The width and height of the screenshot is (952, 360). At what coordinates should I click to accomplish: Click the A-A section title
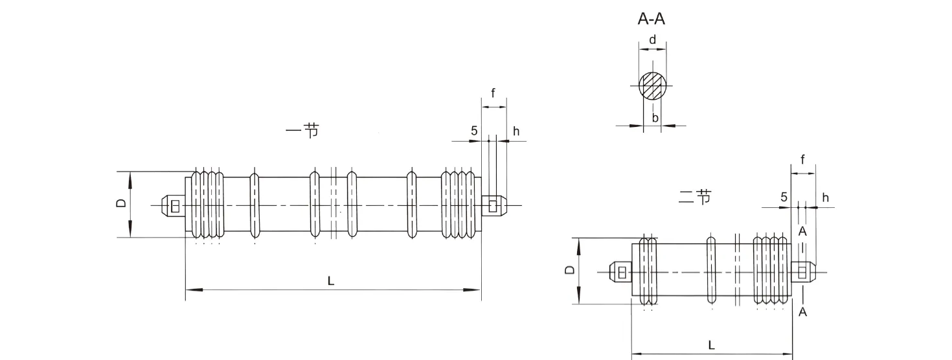[652, 19]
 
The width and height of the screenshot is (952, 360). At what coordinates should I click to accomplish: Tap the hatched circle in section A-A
[652, 86]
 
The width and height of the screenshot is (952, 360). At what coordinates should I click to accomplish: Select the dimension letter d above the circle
[652, 40]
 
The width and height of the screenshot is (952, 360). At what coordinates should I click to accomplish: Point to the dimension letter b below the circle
[655, 117]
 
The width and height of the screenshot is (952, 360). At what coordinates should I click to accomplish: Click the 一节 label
[302, 131]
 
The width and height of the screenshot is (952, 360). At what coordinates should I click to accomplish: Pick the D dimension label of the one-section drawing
[120, 204]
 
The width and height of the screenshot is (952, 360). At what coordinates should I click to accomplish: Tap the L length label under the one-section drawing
[330, 280]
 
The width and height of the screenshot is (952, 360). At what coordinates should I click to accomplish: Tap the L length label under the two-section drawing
[711, 345]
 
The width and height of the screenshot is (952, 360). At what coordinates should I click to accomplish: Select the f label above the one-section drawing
[493, 93]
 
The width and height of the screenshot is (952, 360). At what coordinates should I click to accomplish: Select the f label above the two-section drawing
[802, 159]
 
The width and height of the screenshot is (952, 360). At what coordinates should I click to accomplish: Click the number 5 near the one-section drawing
[474, 131]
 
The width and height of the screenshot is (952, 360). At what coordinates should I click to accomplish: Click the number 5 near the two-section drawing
[784, 197]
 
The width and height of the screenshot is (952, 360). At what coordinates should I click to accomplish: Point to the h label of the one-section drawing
[516, 131]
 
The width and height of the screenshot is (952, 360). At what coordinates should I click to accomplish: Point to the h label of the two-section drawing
[825, 197]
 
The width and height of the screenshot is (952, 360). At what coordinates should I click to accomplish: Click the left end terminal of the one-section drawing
[173, 206]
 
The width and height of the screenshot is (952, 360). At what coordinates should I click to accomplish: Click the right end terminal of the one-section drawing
[493, 206]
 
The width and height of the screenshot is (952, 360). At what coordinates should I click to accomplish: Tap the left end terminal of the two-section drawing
[620, 272]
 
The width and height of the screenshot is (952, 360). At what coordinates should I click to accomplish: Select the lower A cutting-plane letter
[802, 312]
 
